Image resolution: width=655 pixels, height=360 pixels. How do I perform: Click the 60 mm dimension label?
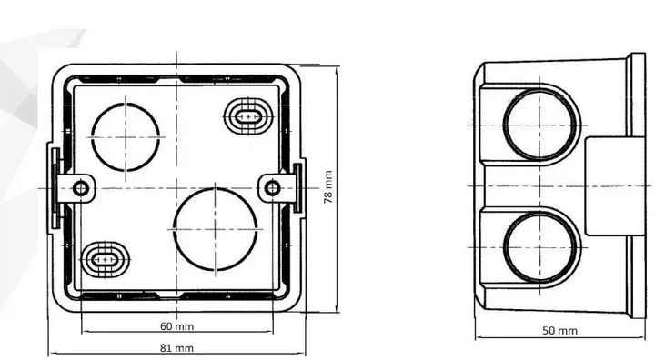point(176,326)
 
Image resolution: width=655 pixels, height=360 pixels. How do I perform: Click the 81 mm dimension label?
point(176,348)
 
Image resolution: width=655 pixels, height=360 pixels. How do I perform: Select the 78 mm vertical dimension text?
point(328,186)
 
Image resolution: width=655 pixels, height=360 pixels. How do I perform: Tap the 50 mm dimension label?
point(559,331)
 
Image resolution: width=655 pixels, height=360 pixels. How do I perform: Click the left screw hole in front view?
point(81,188)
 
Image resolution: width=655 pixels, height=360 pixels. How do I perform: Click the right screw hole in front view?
point(272,188)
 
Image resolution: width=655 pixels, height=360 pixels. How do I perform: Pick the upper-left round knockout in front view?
point(126,137)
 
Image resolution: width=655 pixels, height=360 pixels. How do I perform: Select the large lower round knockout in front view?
point(215,229)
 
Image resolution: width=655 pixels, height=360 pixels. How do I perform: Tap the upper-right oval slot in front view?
point(248,116)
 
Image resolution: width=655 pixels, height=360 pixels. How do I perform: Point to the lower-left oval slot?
point(105,259)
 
